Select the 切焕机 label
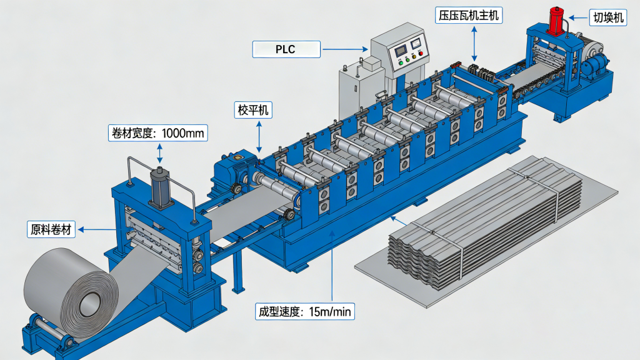coord(607,18)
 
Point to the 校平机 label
coord(253,111)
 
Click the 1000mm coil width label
coord(157,133)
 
